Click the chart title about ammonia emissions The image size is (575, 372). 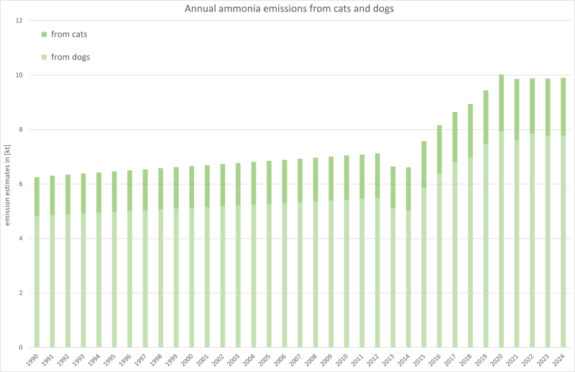(x=287, y=9)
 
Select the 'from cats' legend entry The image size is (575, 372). (x=69, y=34)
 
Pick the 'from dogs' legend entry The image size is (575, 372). (x=70, y=57)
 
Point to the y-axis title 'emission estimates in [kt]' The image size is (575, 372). (x=8, y=184)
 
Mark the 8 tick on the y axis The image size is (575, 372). (x=22, y=130)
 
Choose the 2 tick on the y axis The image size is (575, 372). (x=22, y=293)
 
